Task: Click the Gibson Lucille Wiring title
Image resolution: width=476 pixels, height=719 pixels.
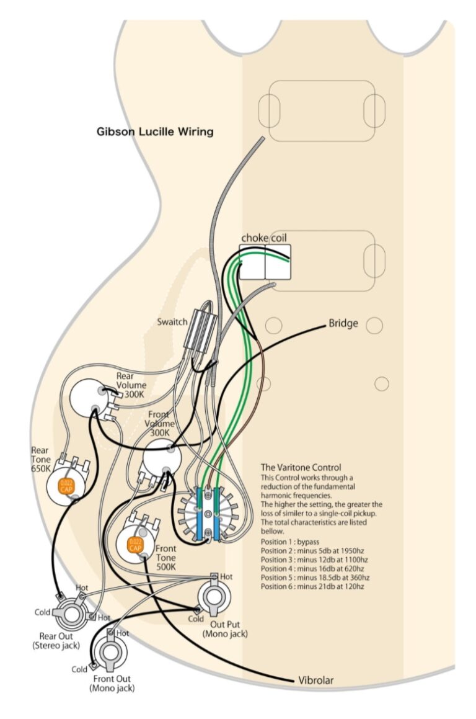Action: tap(155, 132)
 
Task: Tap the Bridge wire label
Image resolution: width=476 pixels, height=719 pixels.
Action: tap(343, 323)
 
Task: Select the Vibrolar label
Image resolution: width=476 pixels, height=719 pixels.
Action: tap(316, 680)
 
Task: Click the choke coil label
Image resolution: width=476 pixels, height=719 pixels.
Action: tap(264, 238)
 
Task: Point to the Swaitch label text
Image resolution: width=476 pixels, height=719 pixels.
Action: tap(172, 321)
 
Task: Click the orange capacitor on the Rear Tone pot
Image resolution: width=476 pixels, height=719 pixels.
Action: tap(66, 486)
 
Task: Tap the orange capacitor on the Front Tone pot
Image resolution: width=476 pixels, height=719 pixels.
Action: tap(136, 545)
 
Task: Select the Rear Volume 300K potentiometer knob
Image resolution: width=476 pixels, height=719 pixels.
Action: tap(89, 398)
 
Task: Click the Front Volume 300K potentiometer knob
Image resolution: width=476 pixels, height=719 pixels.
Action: tap(162, 458)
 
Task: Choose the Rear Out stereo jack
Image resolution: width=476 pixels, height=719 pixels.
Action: tap(71, 614)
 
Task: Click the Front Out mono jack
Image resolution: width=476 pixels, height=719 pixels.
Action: tap(110, 651)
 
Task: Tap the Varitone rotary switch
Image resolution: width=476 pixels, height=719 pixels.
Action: tap(208, 514)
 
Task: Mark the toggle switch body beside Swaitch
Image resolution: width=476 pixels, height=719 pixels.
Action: tap(200, 329)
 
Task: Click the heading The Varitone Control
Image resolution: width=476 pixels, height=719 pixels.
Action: tap(301, 467)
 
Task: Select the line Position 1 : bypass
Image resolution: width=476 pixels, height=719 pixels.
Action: tap(290, 542)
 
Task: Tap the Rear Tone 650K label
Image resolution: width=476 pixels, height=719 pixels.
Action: tap(41, 460)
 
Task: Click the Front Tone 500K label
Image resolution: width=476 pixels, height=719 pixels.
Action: tap(166, 558)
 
